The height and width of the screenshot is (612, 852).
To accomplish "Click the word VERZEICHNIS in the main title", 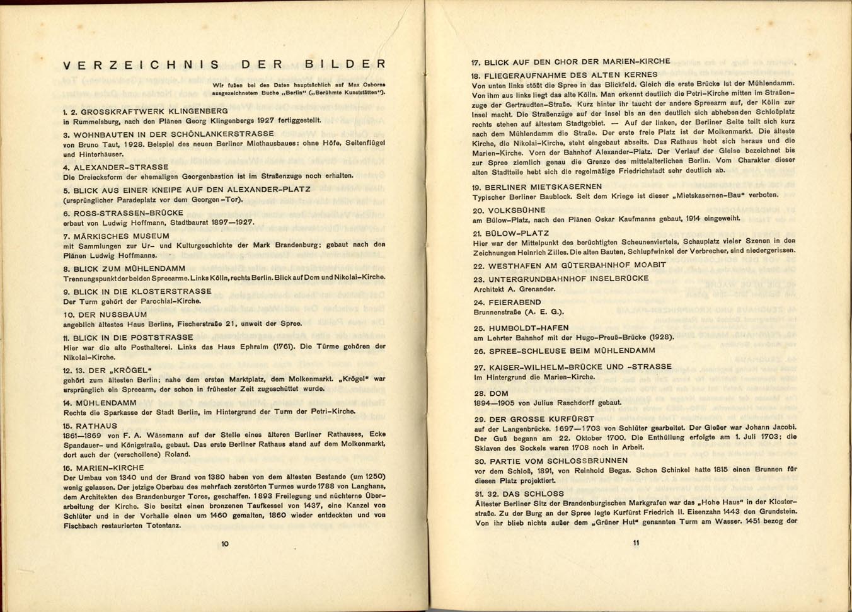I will coord(141,65).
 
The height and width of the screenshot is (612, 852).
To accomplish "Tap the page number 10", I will coord(225,544).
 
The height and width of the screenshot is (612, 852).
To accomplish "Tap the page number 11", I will coord(636,543).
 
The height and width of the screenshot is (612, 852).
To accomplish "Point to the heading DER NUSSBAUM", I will coord(110,315).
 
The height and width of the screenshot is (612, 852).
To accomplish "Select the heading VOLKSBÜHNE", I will coord(517,211).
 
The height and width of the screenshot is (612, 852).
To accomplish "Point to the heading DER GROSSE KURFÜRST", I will coord(541,419).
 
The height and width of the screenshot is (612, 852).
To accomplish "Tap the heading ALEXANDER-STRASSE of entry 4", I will coord(120,168).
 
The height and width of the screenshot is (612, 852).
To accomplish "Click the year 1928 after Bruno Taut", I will coord(134,144).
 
